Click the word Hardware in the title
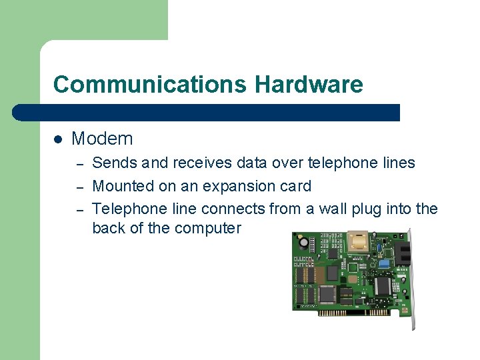click(309, 85)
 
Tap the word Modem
click(102, 139)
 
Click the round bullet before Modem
click(58, 139)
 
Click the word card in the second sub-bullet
click(295, 186)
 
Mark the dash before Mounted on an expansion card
click(78, 186)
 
